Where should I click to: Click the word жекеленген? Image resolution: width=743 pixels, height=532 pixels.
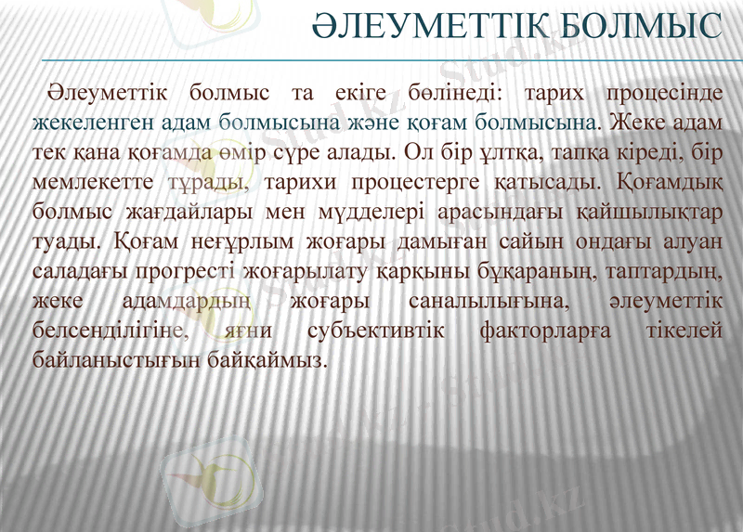point(79,123)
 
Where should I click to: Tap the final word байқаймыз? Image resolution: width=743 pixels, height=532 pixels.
point(278,357)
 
